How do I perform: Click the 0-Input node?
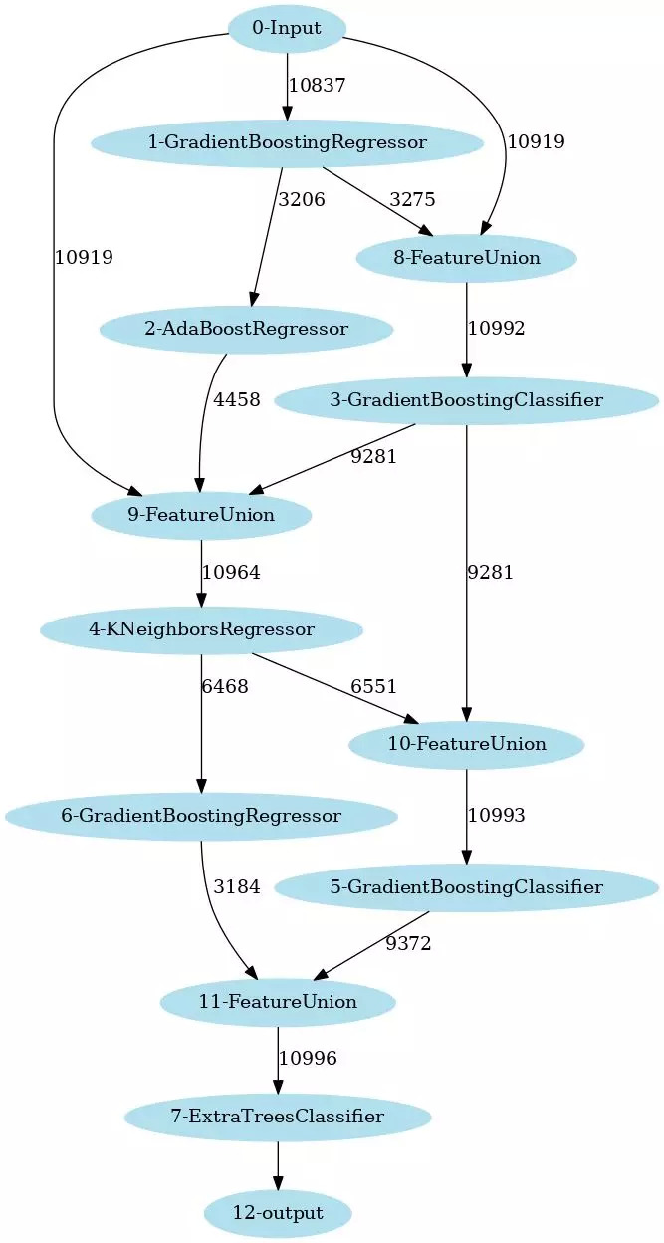tap(287, 29)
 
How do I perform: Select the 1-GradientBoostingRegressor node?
tap(287, 142)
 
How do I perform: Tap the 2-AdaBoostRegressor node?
tap(246, 329)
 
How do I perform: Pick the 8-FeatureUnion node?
tap(466, 258)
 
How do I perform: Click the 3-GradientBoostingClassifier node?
tap(466, 401)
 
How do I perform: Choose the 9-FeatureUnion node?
tap(201, 515)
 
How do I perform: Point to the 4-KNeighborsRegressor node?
tap(201, 629)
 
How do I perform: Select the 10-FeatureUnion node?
tap(466, 744)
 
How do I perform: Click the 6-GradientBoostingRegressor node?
tap(201, 816)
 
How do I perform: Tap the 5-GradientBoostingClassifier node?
tap(466, 886)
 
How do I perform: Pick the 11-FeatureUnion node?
tap(278, 1001)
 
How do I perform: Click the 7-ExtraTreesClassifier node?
tap(278, 1116)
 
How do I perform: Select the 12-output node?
tap(278, 1213)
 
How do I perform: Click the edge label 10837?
tap(317, 86)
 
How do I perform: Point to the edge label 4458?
tap(236, 400)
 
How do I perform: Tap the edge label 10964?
tap(231, 573)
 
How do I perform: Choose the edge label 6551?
tap(373, 687)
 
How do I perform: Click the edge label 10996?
tap(308, 1059)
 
